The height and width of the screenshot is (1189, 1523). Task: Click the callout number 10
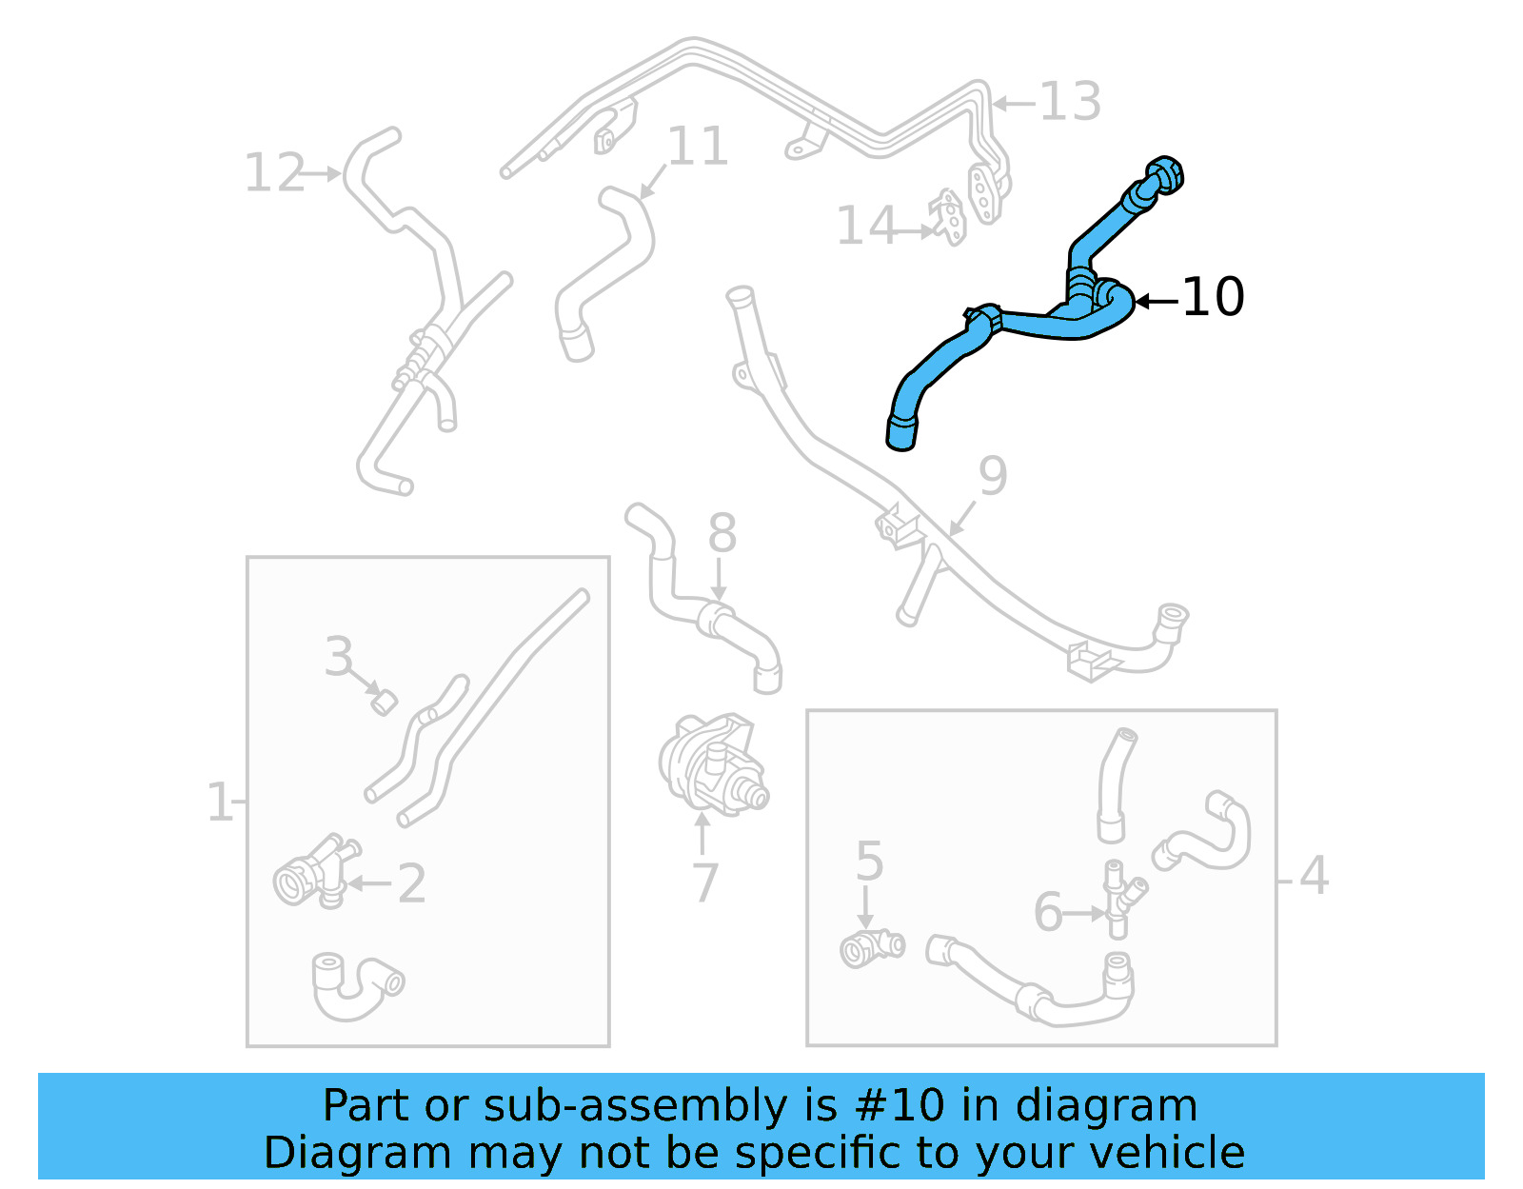coord(1213,297)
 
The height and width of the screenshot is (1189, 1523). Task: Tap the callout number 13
coord(1070,101)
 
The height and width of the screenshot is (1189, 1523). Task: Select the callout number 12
coord(274,173)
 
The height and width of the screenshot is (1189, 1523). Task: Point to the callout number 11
coord(698,147)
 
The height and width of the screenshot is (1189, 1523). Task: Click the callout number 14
coord(866,227)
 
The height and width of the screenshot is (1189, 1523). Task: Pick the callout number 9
coord(992,476)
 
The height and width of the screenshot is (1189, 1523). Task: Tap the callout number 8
coord(722,533)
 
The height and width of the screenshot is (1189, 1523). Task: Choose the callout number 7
coord(704,883)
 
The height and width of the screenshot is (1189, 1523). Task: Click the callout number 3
coord(339,657)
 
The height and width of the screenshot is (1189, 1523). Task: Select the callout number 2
coord(411,884)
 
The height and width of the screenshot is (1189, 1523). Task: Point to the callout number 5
coord(869,862)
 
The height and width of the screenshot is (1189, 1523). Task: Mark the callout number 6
coord(1048,913)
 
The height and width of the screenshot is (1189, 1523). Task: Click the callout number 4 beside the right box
coord(1314,875)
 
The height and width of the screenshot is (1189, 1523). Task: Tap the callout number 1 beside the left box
coord(219,803)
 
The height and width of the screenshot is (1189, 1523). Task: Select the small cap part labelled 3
coord(384,703)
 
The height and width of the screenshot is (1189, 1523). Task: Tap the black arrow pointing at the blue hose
coord(1157,301)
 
